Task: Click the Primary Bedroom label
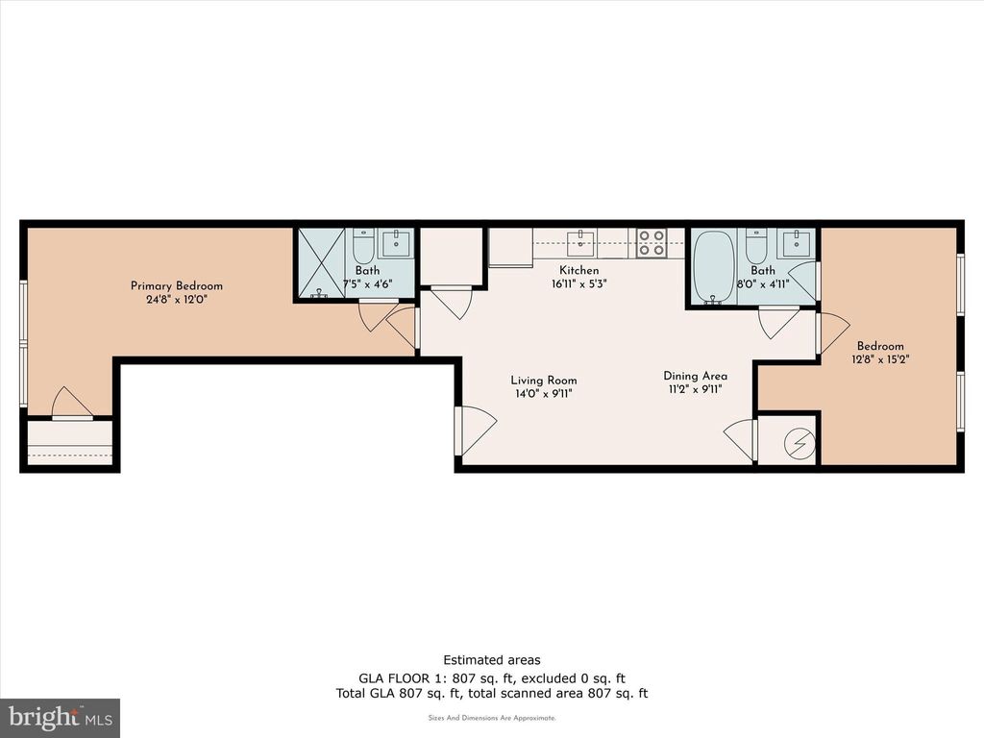(177, 285)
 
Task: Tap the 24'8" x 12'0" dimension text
(177, 299)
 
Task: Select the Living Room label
(544, 381)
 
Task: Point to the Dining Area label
(695, 376)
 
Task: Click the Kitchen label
(579, 271)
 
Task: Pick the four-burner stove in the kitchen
(652, 242)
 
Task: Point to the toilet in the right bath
(756, 249)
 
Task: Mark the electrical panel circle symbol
(799, 443)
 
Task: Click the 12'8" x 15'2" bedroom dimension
(880, 359)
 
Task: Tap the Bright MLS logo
(60, 717)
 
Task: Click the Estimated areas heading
(491, 659)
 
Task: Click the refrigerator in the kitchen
(510, 247)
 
